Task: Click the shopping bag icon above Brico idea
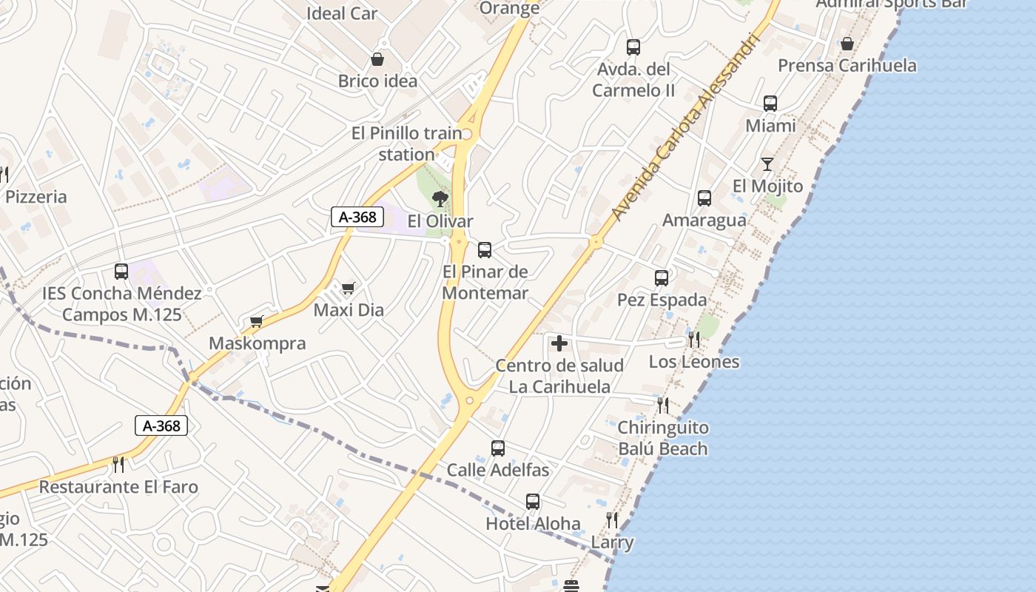pyautogui.click(x=377, y=59)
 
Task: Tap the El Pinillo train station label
pyautogui.click(x=406, y=144)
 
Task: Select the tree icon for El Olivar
pyautogui.click(x=440, y=198)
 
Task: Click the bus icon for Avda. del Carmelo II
pyautogui.click(x=633, y=47)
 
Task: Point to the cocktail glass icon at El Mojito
pyautogui.click(x=767, y=164)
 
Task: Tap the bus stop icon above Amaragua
pyautogui.click(x=704, y=198)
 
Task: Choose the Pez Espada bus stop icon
pyautogui.click(x=662, y=278)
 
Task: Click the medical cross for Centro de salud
pyautogui.click(x=559, y=343)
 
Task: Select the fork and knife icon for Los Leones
pyautogui.click(x=693, y=340)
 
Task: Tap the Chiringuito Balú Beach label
pyautogui.click(x=662, y=438)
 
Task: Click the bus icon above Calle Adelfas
pyautogui.click(x=498, y=448)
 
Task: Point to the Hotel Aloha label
pyautogui.click(x=533, y=524)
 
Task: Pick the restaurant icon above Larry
pyautogui.click(x=611, y=520)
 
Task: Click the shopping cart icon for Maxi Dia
pyautogui.click(x=348, y=288)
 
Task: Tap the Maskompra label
pyautogui.click(x=257, y=343)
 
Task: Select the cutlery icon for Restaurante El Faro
pyautogui.click(x=118, y=465)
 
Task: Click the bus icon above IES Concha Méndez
pyautogui.click(x=121, y=272)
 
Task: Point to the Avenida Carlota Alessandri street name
pyautogui.click(x=685, y=127)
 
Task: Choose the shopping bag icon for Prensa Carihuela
pyautogui.click(x=847, y=44)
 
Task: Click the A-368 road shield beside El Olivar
pyautogui.click(x=358, y=217)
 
